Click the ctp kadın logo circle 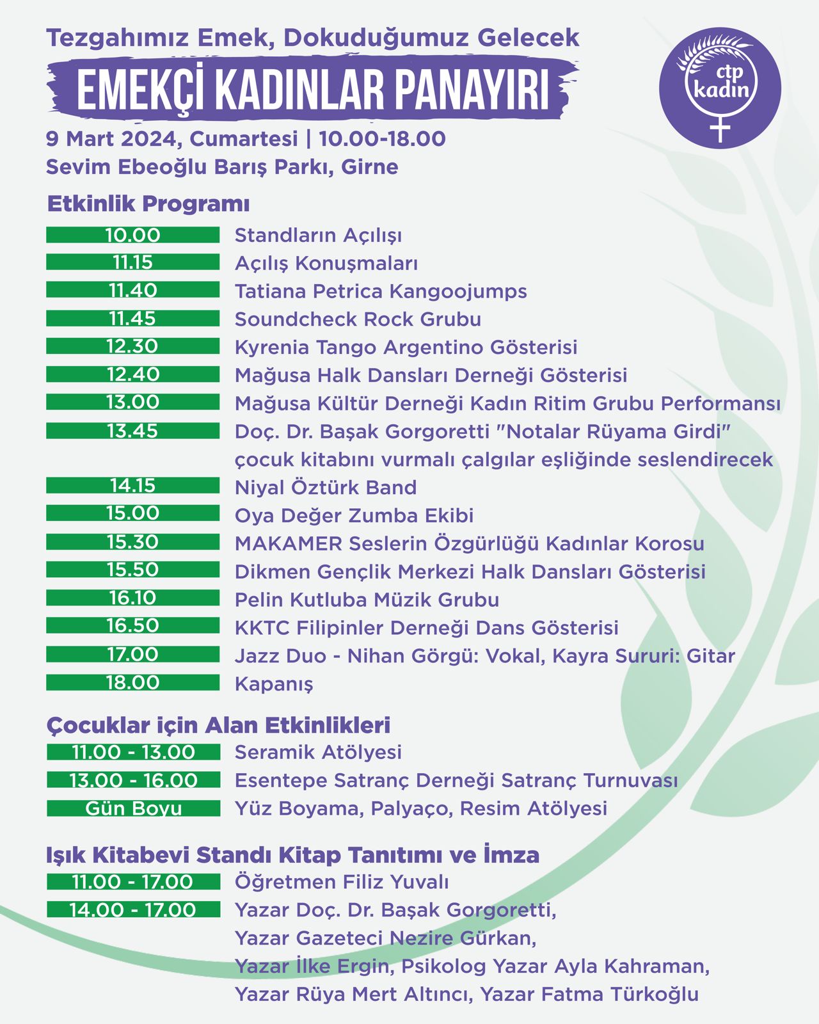coord(720,88)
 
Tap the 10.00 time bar coord(132,235)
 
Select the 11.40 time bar coord(132,291)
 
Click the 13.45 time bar coord(132,431)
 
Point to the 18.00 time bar coord(132,683)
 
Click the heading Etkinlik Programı coord(148,204)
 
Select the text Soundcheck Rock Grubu coord(358,319)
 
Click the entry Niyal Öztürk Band coord(326,488)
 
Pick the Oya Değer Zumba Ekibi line coord(354,516)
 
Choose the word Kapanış coord(274,684)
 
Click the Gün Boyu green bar coord(133,808)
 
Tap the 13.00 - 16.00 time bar coord(133,780)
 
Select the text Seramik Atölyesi coord(318,752)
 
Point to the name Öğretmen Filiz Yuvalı coord(342,882)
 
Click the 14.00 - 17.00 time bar coord(133,909)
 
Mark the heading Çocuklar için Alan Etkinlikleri coord(218,725)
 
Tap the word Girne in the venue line coord(370,167)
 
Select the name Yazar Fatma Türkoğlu coord(589,995)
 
